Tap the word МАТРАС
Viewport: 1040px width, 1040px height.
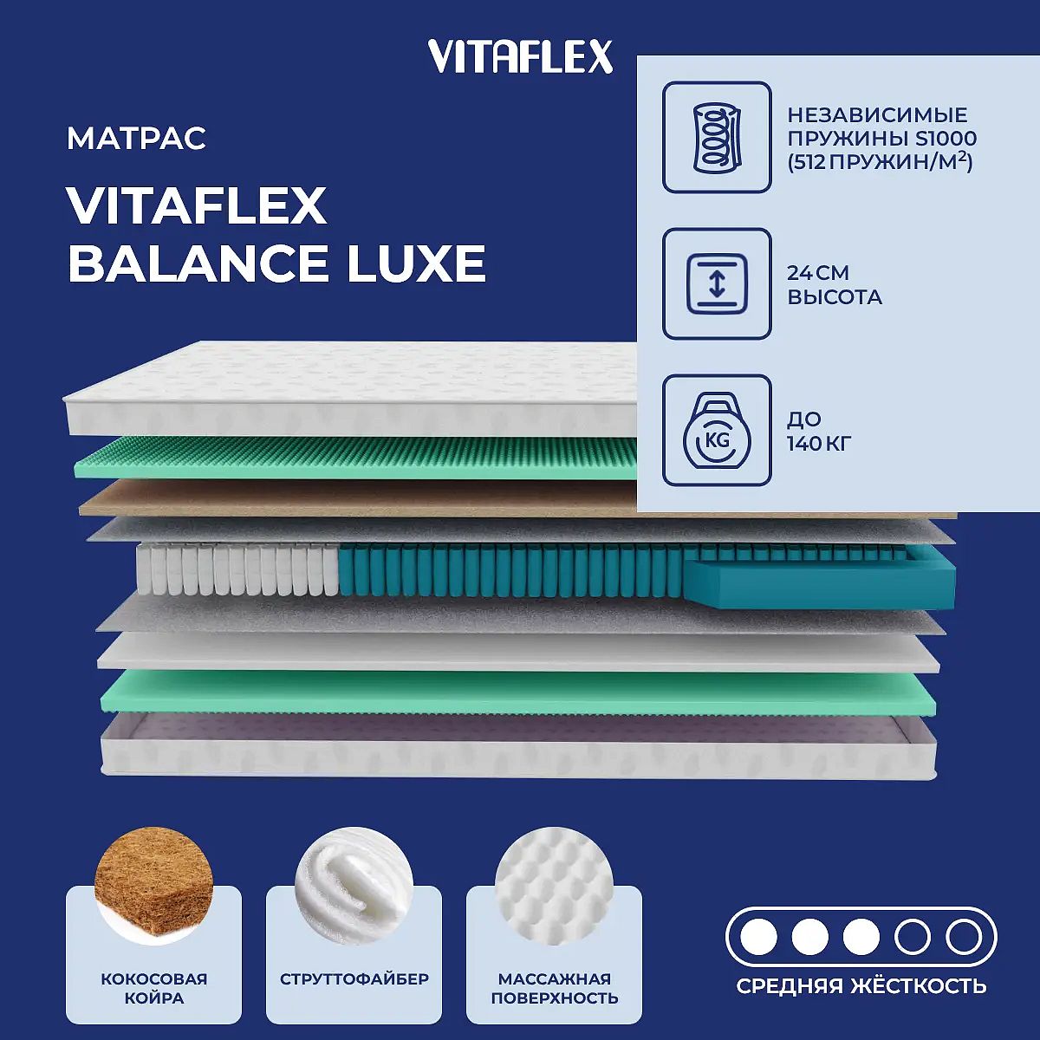(x=137, y=138)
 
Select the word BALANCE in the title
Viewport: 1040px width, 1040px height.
(x=199, y=263)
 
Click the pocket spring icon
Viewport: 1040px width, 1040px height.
(x=717, y=138)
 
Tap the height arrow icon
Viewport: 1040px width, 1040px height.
(x=717, y=283)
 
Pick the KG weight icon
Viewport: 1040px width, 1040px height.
(x=717, y=430)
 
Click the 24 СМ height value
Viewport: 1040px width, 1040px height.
(x=817, y=273)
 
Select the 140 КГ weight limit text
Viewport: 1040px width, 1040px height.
(x=819, y=444)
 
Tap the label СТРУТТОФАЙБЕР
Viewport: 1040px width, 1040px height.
(x=354, y=978)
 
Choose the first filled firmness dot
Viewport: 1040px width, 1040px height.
(x=759, y=938)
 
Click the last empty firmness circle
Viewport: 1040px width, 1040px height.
(x=964, y=938)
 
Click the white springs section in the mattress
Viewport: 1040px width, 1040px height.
(x=237, y=569)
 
